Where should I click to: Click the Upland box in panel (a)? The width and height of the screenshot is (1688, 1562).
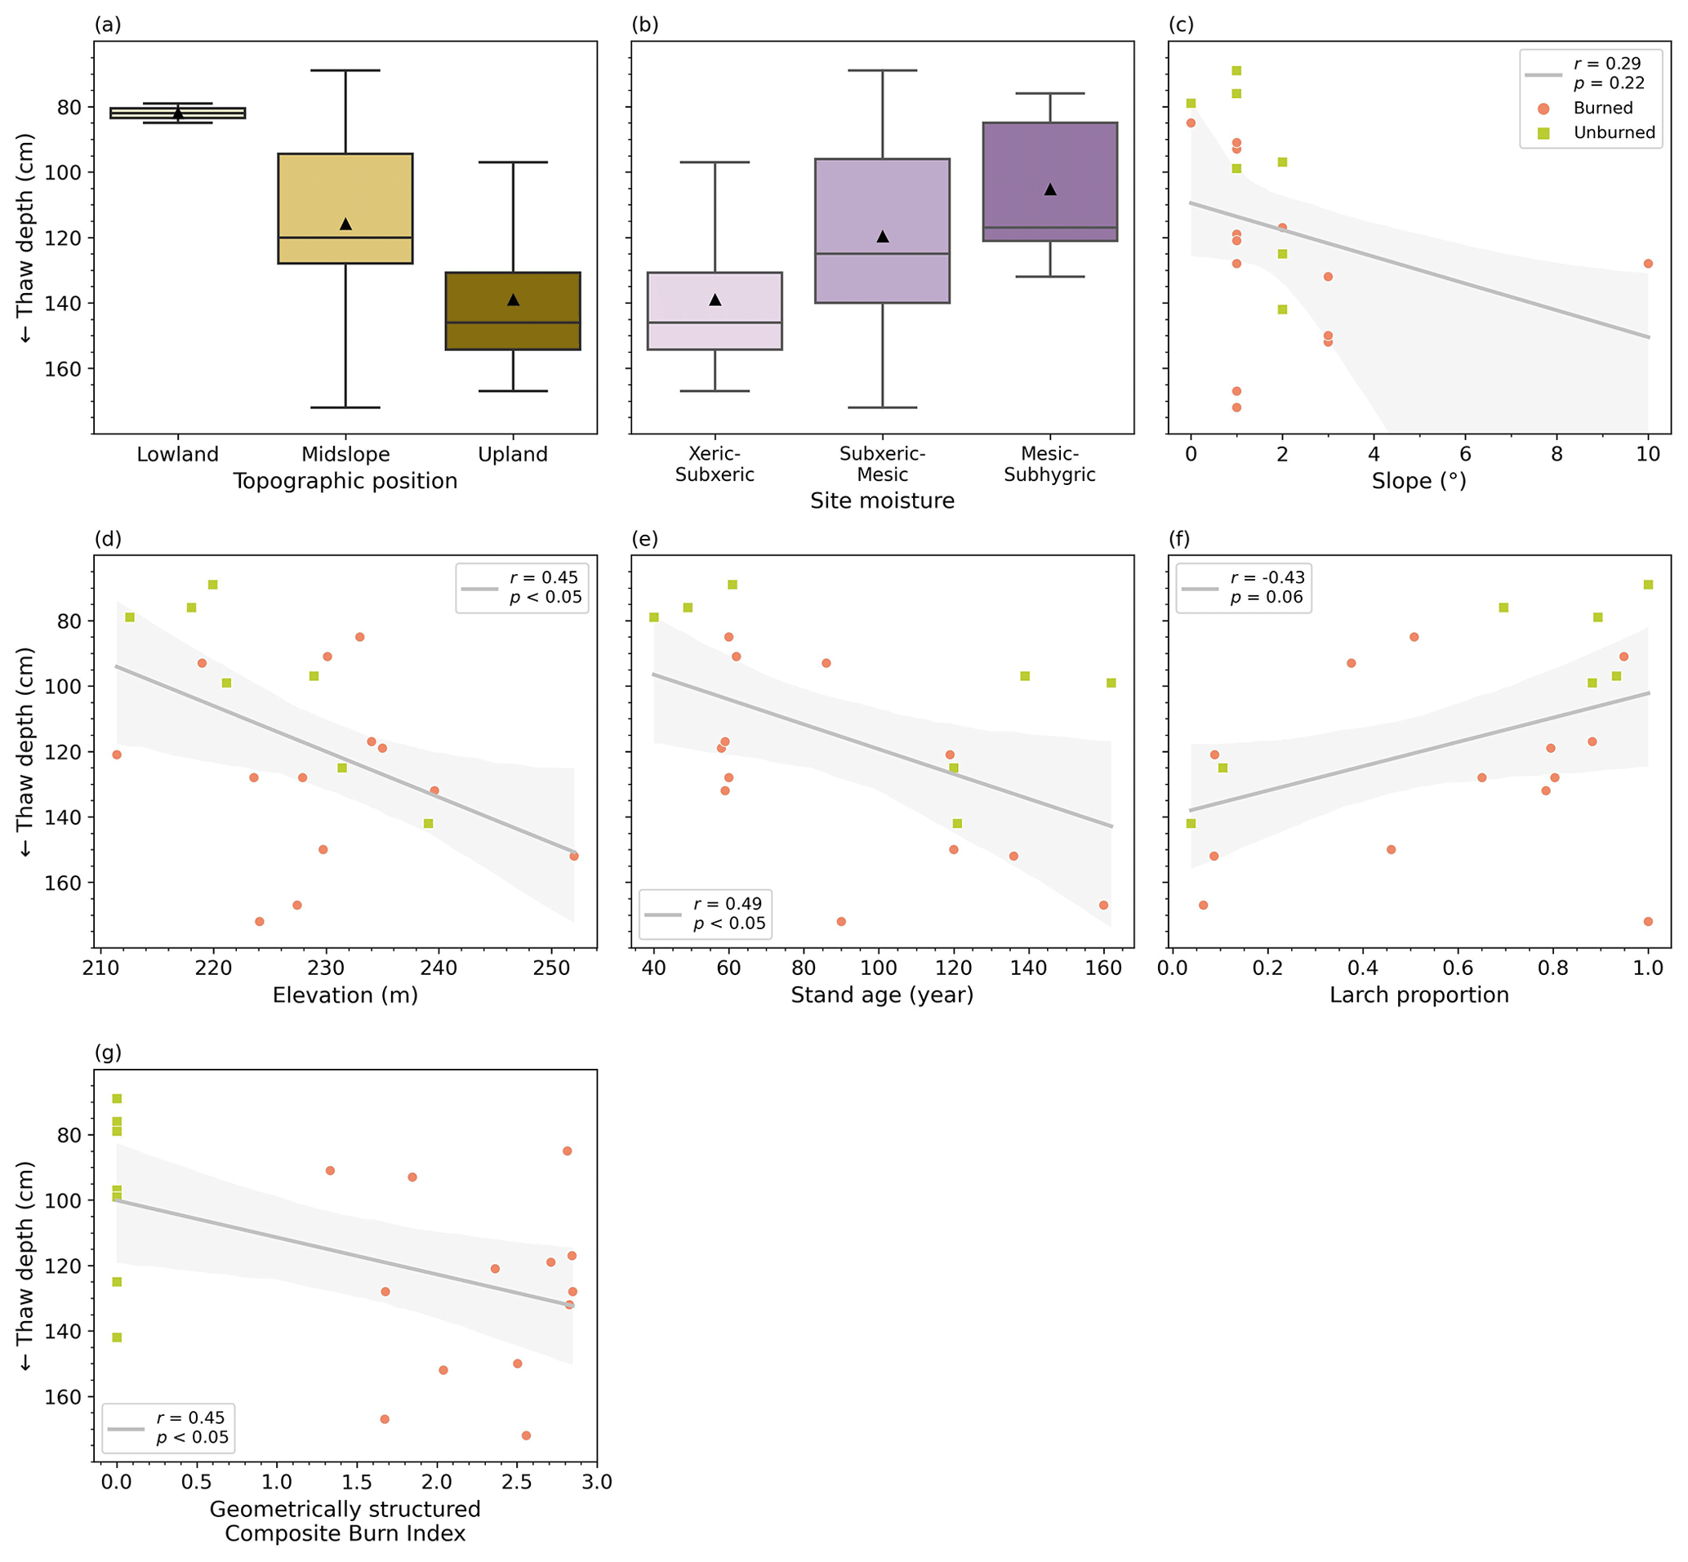tap(512, 310)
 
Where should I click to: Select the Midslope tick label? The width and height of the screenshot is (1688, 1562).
tap(345, 455)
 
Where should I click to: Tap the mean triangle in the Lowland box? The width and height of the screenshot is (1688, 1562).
tap(177, 113)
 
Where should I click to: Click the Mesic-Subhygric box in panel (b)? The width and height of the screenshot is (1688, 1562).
tap(1049, 182)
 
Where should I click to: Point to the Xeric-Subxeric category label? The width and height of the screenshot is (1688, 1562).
tap(715, 464)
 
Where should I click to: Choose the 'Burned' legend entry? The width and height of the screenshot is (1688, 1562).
tap(1601, 109)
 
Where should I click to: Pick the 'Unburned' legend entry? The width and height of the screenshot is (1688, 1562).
tap(1613, 133)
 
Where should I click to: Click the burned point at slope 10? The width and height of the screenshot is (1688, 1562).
tap(1647, 264)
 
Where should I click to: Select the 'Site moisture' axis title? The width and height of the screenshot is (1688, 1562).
tap(882, 501)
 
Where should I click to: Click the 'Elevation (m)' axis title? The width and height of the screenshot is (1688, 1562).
tap(345, 995)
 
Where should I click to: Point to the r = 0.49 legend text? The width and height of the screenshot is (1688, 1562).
tap(727, 905)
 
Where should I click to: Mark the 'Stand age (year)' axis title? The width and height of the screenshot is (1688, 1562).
tap(882, 995)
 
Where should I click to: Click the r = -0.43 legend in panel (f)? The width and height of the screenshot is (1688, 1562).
tap(1267, 578)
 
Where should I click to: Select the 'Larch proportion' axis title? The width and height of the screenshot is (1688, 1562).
tap(1419, 995)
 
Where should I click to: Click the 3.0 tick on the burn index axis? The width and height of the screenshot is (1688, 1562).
tap(597, 1482)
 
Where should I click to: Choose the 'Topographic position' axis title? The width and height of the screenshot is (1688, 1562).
tap(345, 481)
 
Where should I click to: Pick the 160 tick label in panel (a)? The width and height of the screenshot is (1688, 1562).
tap(69, 368)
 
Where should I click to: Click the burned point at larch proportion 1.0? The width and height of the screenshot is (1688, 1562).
tap(1647, 921)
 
